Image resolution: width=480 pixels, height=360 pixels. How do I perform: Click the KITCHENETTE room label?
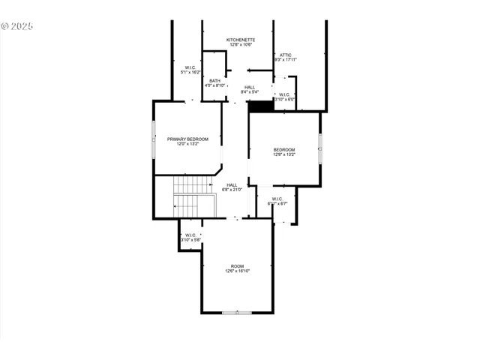pos(241,39)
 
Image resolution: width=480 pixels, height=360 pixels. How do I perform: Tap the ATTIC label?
pos(286,55)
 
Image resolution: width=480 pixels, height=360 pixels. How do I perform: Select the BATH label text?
pos(215,81)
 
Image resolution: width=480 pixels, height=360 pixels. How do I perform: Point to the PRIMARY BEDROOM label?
pos(187,139)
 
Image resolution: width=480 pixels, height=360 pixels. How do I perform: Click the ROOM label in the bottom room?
pos(237,266)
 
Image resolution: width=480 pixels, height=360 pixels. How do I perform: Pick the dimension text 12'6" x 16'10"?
pos(237,271)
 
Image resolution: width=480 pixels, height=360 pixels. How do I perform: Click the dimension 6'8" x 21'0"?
pos(232,190)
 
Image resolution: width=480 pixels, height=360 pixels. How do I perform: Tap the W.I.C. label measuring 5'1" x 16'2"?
pos(190,68)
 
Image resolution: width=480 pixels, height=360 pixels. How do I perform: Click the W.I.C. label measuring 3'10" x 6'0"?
pos(285,94)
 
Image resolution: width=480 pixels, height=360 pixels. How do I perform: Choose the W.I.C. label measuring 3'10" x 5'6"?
pos(190,235)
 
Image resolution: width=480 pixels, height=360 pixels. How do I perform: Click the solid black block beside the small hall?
pos(259,106)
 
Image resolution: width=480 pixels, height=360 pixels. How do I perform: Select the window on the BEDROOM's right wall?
pos(320,148)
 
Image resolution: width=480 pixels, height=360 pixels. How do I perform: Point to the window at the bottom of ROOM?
pos(237,312)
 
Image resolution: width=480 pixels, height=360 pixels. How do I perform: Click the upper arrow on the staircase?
pos(193,184)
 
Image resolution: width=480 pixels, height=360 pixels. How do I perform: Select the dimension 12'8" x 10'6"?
pos(241,44)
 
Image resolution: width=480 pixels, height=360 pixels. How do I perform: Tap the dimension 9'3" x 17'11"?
pos(286,60)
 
